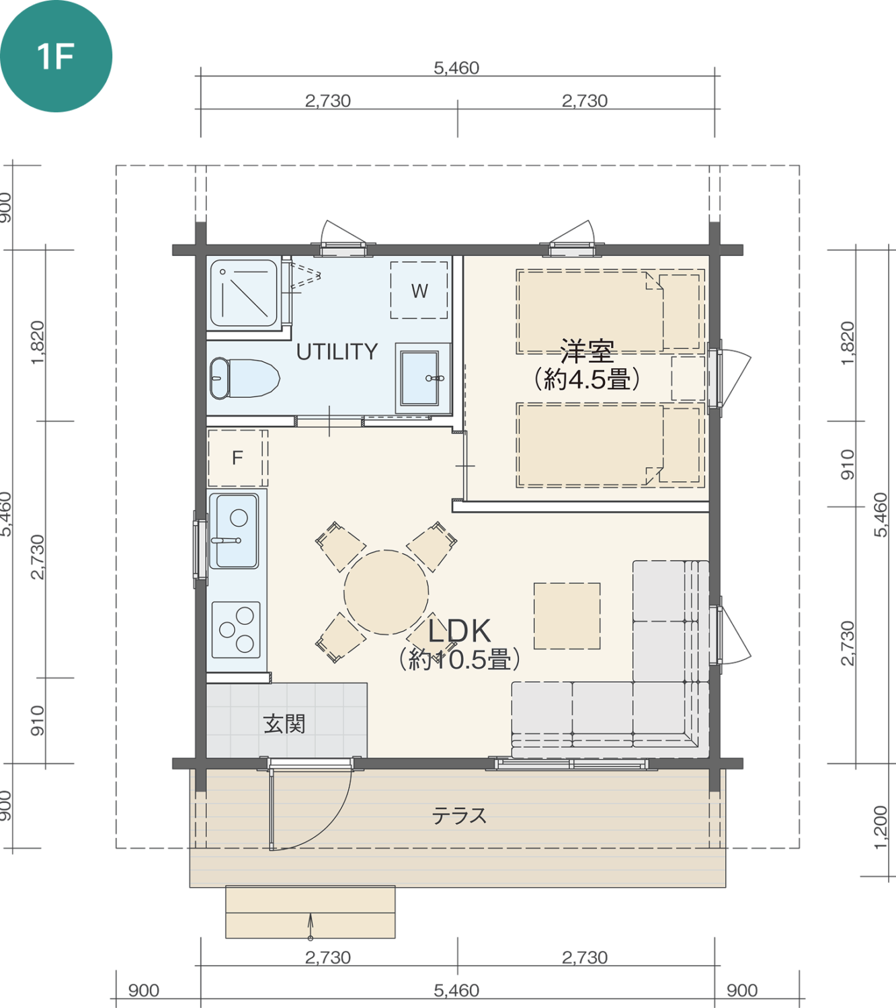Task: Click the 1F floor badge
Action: (x=56, y=56)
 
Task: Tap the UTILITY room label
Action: (x=337, y=351)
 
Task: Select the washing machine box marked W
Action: (x=419, y=291)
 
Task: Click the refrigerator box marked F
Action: (x=237, y=458)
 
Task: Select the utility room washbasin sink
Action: (x=421, y=378)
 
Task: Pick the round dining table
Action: (x=386, y=592)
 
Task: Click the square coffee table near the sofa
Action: (x=567, y=616)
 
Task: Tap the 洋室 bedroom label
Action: (x=587, y=351)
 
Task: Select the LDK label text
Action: (x=460, y=631)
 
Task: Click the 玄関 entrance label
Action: (x=284, y=724)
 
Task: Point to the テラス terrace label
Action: (x=459, y=816)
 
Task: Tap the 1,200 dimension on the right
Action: (x=881, y=827)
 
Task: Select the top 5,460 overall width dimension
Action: (x=456, y=68)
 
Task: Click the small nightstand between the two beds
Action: (x=688, y=378)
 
